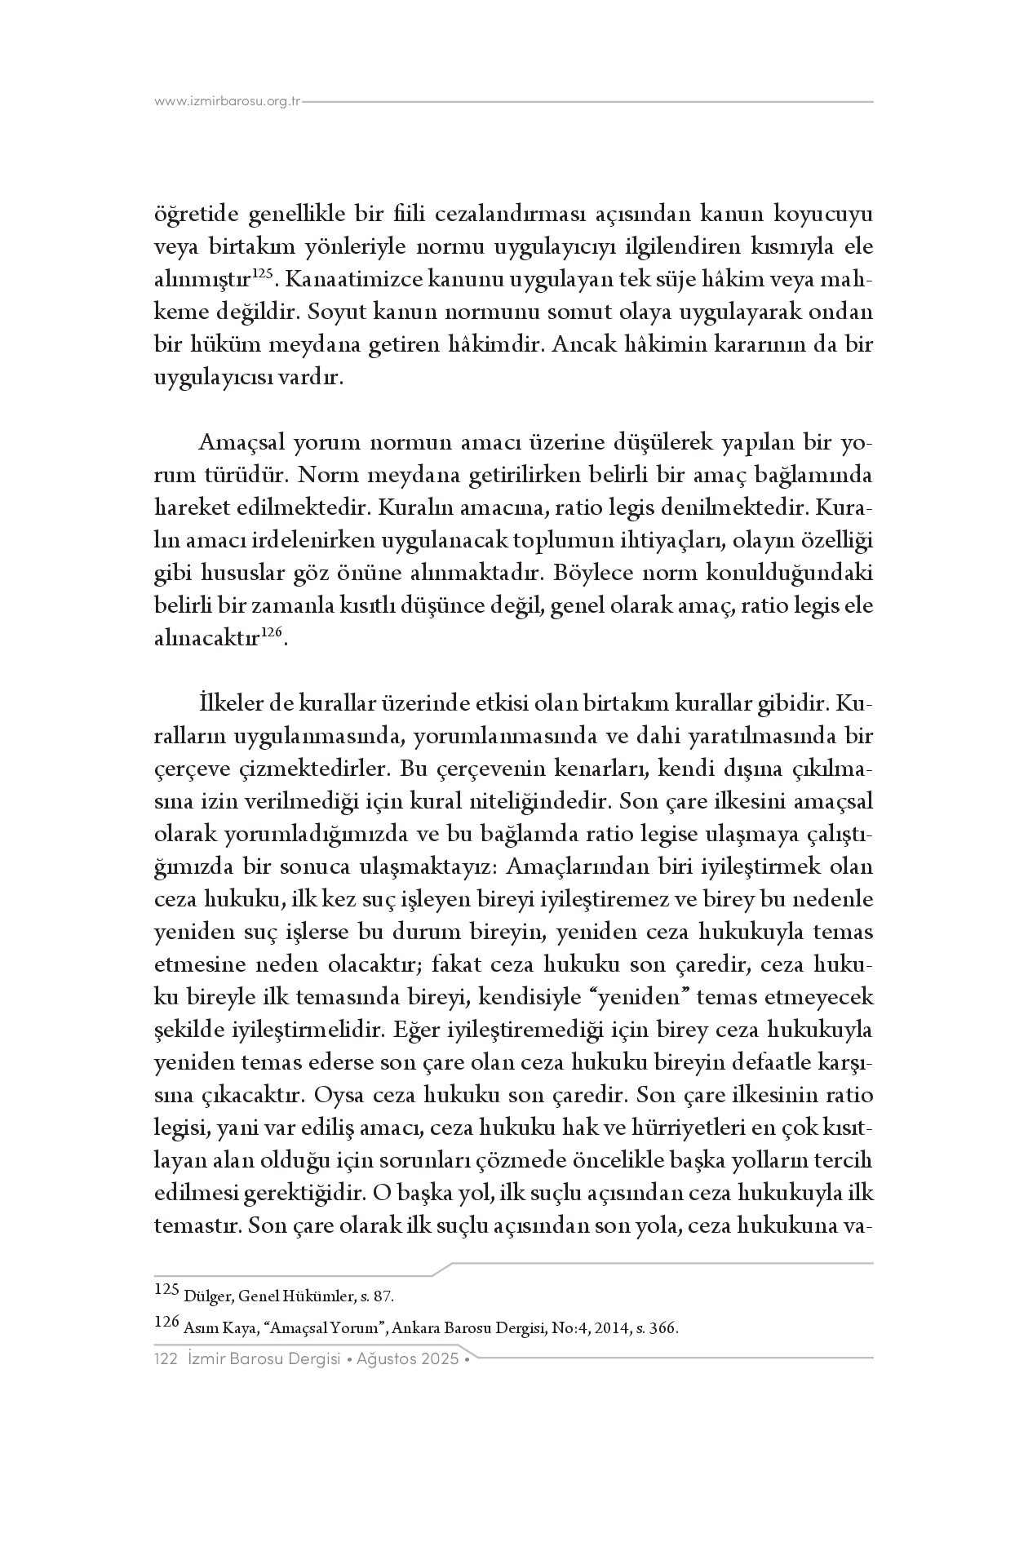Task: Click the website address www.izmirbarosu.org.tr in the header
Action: tap(228, 102)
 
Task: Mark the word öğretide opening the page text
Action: tap(196, 215)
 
